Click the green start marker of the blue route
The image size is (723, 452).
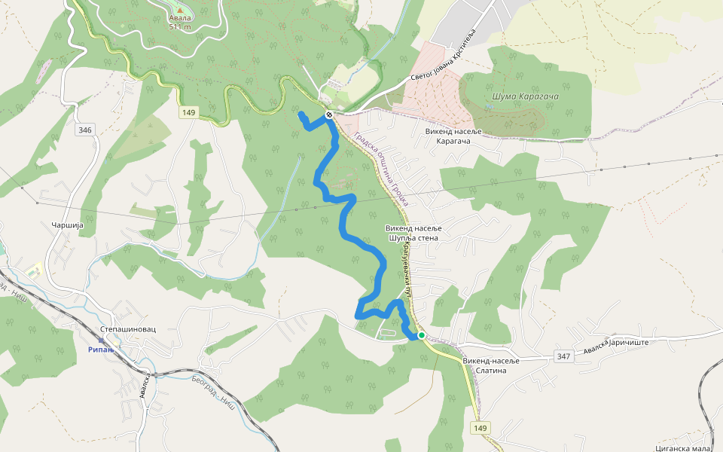(422, 335)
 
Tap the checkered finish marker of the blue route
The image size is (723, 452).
(329, 115)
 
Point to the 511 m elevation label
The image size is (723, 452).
(179, 26)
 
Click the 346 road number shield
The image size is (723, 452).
(84, 130)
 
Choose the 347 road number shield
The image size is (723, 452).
(563, 355)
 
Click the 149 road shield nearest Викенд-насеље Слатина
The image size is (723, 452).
(480, 428)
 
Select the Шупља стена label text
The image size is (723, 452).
(412, 237)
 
